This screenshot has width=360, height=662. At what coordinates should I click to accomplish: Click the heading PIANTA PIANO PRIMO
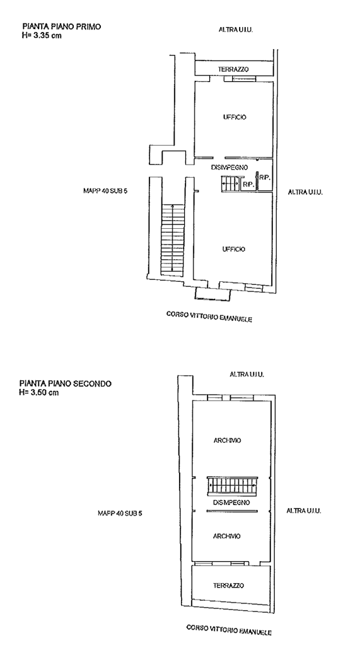[62, 26]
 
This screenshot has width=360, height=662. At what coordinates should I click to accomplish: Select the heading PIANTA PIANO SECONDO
[66, 384]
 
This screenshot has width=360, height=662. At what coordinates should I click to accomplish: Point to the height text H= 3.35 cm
[42, 35]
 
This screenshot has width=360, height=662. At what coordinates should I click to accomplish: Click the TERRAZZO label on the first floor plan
[233, 69]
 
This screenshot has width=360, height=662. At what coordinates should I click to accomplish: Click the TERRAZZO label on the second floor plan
[228, 586]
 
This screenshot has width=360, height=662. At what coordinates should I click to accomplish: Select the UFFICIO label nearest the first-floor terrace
[235, 117]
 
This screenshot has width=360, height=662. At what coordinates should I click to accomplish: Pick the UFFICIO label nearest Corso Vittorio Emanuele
[233, 249]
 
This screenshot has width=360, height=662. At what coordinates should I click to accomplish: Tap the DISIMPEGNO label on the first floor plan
[229, 167]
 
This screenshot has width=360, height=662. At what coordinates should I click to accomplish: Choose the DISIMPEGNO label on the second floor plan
[231, 502]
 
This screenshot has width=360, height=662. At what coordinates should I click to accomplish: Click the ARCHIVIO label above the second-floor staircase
[227, 440]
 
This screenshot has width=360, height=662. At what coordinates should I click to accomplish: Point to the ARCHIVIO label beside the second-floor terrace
[226, 536]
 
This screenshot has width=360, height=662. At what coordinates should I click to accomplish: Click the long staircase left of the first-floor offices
[171, 238]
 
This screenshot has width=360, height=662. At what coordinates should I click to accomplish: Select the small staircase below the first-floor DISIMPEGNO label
[229, 183]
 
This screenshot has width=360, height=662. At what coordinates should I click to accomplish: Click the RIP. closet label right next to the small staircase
[248, 185]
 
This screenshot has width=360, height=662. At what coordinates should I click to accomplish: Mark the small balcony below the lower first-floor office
[212, 294]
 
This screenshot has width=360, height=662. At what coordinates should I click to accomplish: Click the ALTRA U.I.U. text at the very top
[236, 30]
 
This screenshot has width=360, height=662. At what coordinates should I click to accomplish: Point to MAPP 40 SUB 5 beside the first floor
[105, 190]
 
